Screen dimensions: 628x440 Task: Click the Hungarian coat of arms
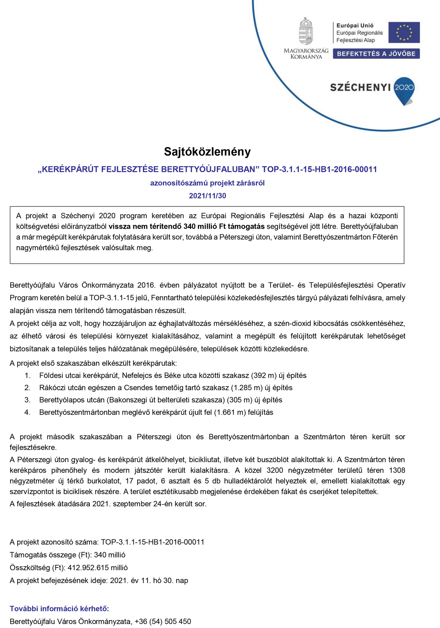pyautogui.click(x=306, y=31)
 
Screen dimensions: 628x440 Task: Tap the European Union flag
pyautogui.click(x=404, y=32)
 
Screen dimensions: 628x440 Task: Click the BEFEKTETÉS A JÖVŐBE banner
pyautogui.click(x=376, y=54)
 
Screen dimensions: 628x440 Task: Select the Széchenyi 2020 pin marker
pyautogui.click(x=404, y=90)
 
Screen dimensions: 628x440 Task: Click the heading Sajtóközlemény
pyautogui.click(x=207, y=152)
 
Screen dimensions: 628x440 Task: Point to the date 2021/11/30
pyautogui.click(x=207, y=196)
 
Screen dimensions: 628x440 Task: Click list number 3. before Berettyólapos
pyautogui.click(x=27, y=400)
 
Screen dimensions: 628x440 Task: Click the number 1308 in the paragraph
pyautogui.click(x=397, y=470)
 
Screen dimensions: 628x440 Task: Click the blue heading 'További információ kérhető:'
pyautogui.click(x=59, y=609)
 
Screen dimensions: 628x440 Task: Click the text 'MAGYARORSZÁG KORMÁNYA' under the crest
pyautogui.click(x=306, y=54)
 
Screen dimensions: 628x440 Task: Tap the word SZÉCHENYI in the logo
pyautogui.click(x=360, y=87)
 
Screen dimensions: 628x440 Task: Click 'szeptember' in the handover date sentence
pyautogui.click(x=132, y=504)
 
